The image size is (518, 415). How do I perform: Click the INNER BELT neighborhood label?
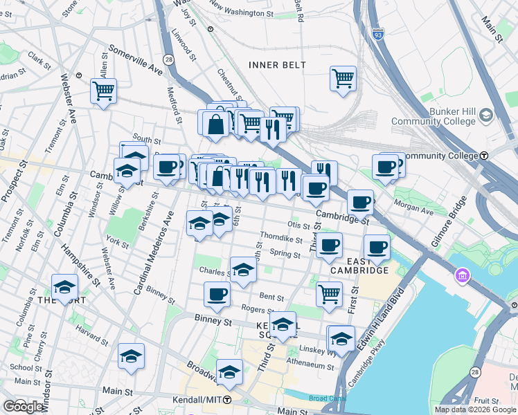click(277, 65)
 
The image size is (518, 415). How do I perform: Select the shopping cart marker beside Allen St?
click(103, 91)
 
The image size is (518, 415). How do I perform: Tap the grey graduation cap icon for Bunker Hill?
click(485, 115)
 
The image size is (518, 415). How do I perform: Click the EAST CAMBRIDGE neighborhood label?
click(359, 266)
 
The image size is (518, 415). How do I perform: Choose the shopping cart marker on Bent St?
click(330, 294)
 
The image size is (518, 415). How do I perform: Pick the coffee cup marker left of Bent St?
click(217, 294)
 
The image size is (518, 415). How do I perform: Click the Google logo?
click(23, 407)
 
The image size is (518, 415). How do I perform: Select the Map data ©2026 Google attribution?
click(475, 409)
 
